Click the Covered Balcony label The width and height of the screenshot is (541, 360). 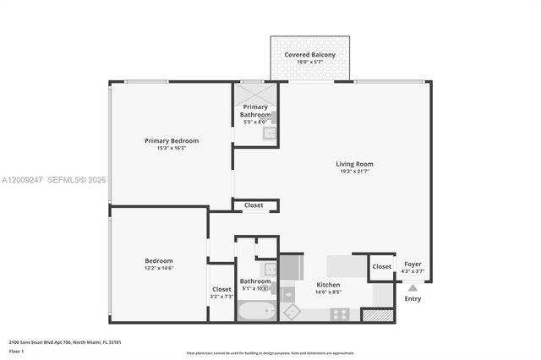(x=309, y=55)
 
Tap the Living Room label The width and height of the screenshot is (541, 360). (x=354, y=164)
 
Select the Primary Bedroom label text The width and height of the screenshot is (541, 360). (x=172, y=140)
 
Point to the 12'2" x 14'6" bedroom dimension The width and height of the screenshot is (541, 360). (x=159, y=268)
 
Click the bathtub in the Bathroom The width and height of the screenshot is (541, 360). (x=257, y=311)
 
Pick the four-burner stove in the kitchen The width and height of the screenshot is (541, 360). (x=341, y=313)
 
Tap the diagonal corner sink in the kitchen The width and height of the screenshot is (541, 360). (x=292, y=311)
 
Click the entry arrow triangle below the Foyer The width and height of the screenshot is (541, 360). (x=413, y=288)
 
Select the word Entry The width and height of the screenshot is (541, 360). (x=413, y=298)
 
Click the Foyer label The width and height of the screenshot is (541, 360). (x=413, y=264)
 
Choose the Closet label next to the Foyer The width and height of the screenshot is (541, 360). (x=382, y=266)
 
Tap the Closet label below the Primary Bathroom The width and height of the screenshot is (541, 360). (x=254, y=205)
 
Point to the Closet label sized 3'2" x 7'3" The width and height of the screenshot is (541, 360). (x=221, y=289)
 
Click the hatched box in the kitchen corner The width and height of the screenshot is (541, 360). (x=377, y=314)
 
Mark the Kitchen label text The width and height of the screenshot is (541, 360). (x=328, y=285)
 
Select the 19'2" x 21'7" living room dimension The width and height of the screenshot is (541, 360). (x=354, y=172)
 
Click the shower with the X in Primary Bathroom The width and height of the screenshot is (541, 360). (x=254, y=92)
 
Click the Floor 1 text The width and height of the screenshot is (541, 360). (x=17, y=351)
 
